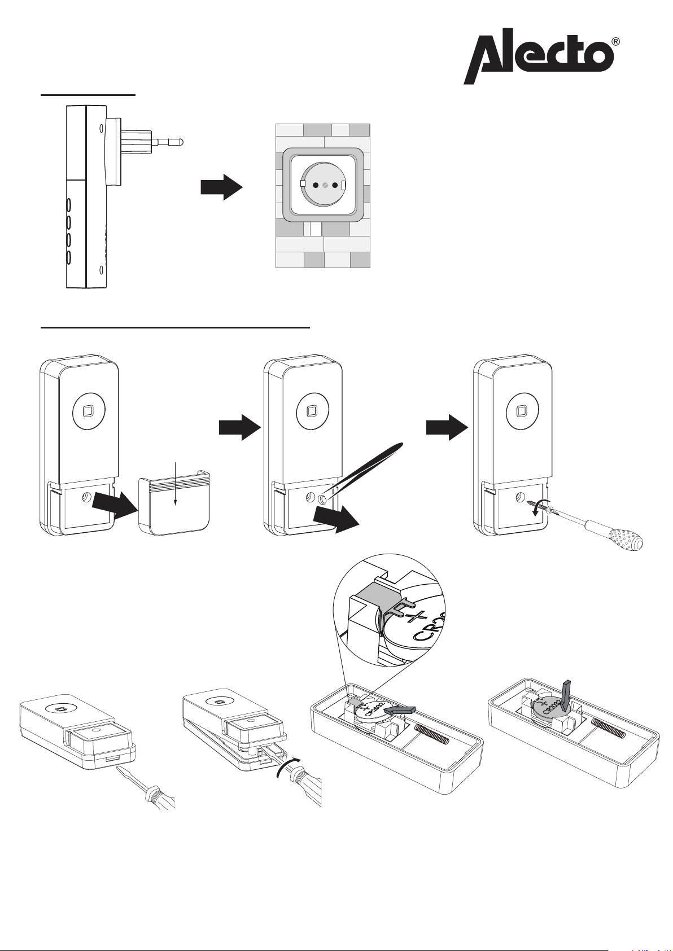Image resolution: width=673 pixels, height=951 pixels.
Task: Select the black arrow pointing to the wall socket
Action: pyautogui.click(x=222, y=187)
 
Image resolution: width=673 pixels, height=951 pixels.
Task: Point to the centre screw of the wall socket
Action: pyautogui.click(x=325, y=185)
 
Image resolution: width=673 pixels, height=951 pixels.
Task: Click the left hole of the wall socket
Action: pyautogui.click(x=315, y=185)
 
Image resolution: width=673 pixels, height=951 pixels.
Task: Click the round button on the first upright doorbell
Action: pyautogui.click(x=87, y=411)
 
